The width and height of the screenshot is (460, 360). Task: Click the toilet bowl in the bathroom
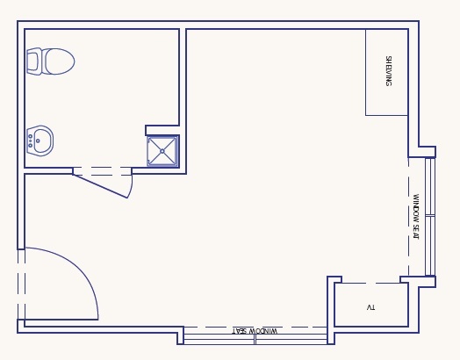click(59, 61)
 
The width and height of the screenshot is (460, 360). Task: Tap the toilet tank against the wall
click(33, 61)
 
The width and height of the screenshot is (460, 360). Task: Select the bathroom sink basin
click(41, 140)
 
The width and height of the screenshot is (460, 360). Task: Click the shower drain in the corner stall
click(162, 151)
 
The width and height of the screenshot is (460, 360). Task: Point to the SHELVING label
click(388, 71)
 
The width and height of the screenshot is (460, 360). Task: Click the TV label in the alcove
click(370, 307)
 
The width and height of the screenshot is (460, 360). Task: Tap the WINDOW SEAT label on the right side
click(416, 217)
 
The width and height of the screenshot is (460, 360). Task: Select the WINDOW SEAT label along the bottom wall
click(255, 331)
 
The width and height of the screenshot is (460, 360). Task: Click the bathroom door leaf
click(100, 186)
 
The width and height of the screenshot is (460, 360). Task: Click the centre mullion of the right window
click(430, 216)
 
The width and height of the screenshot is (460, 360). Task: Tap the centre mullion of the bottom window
click(255, 339)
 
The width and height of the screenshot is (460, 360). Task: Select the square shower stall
click(162, 151)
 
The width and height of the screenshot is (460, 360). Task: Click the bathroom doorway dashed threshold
click(102, 171)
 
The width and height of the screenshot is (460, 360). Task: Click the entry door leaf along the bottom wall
click(61, 320)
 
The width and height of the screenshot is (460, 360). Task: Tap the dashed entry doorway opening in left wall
click(21, 284)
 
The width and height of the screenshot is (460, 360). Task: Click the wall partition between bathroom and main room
click(183, 101)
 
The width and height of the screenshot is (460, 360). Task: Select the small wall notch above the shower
click(162, 130)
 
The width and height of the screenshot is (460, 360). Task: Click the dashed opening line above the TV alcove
click(371, 283)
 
